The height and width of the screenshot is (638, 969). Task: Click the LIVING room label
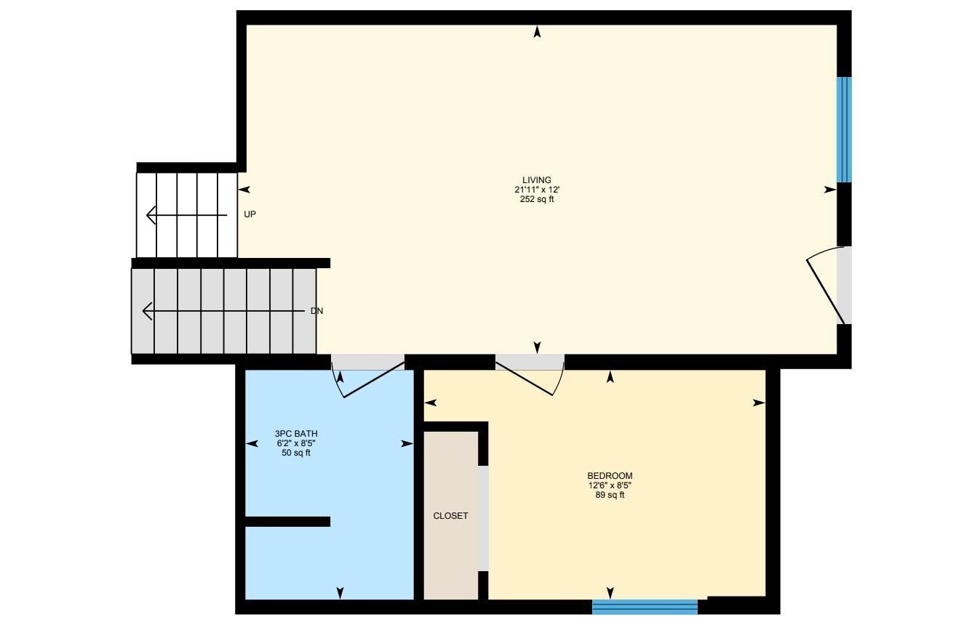[537, 180]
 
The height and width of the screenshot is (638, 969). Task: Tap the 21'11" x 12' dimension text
[537, 190]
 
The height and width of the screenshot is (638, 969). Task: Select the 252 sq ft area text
[537, 199]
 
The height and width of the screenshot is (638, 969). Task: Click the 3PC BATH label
[296, 434]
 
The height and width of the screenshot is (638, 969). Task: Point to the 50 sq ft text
[296, 453]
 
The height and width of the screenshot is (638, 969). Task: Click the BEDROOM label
[610, 476]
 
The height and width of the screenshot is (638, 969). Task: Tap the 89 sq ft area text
[610, 495]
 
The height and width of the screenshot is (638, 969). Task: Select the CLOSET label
[450, 516]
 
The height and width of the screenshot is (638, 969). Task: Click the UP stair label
[250, 214]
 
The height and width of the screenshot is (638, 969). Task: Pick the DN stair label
[316, 311]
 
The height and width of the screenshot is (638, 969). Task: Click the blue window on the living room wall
[844, 129]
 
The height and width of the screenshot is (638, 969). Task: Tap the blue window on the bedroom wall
[645, 607]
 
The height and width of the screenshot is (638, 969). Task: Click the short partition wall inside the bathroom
[287, 521]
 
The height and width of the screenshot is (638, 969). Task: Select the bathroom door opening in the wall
[368, 362]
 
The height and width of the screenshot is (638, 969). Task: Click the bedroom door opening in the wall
[530, 362]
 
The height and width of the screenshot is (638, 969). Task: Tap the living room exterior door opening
[844, 285]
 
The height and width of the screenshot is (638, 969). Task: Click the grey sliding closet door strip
[483, 517]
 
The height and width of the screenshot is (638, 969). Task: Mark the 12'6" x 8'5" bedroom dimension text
[610, 485]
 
